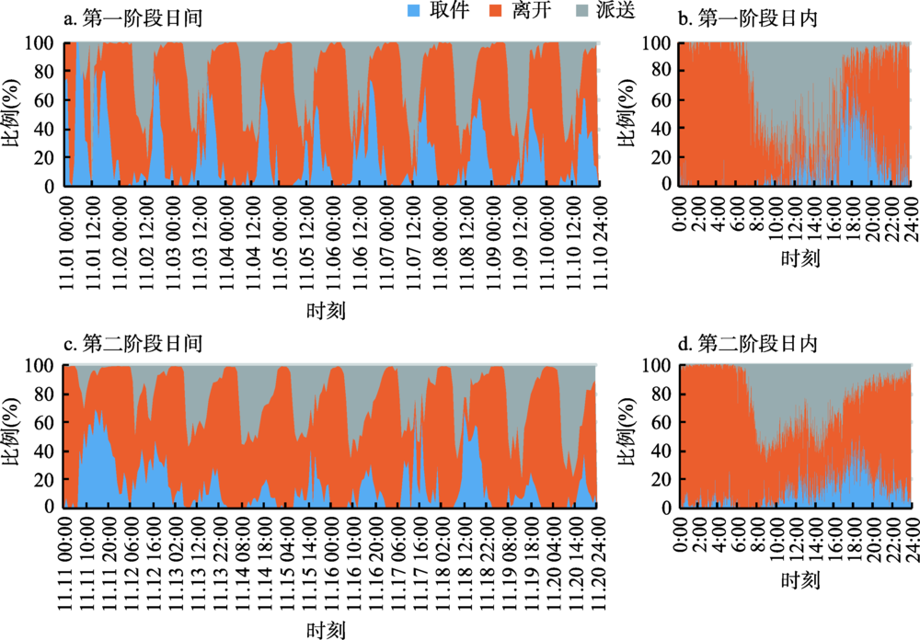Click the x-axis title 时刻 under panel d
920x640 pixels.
796,580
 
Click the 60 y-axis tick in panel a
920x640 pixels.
43,101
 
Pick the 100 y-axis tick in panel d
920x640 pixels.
657,366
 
